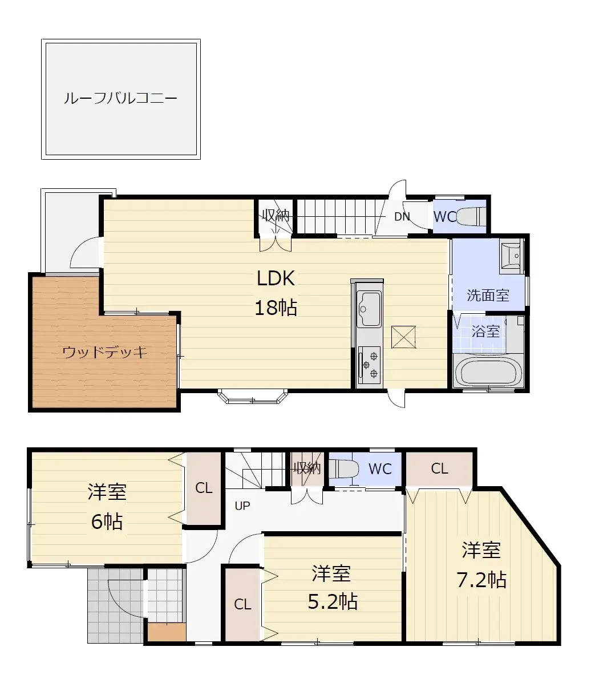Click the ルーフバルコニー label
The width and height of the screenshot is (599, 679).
[120, 99]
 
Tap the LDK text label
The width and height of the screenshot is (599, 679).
[276, 278]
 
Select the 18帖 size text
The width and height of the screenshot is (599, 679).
[276, 308]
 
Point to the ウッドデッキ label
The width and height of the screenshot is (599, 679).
[105, 352]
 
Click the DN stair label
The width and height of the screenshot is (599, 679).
[402, 217]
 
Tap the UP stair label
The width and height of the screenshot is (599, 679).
[242, 506]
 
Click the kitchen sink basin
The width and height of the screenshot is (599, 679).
[369, 308]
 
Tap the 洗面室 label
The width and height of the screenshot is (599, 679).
[488, 296]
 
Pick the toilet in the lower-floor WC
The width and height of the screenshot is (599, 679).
[346, 469]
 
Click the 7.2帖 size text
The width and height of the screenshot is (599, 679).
[481, 580]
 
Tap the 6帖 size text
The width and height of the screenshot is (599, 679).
[107, 521]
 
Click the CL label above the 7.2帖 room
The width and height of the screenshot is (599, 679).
[439, 469]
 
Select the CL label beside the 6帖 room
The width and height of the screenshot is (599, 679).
[204, 488]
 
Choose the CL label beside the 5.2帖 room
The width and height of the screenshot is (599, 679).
[242, 604]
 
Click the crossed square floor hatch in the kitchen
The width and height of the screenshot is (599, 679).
[404, 336]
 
